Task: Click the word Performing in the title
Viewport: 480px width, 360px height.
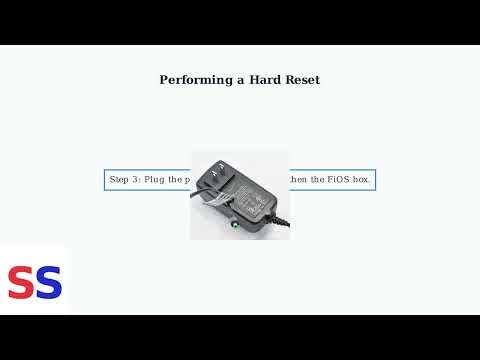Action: tap(193, 80)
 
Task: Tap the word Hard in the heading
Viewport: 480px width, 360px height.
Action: tap(264, 80)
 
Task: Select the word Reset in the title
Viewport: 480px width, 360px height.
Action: tap(302, 80)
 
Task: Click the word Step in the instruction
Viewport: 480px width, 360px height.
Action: tap(119, 180)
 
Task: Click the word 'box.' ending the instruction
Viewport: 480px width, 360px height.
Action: tap(360, 180)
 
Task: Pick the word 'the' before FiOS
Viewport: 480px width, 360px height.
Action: tap(314, 180)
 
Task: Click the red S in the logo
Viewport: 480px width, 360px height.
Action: tap(21, 283)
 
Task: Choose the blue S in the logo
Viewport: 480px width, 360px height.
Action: tap(48, 283)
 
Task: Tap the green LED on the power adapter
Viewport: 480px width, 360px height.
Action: tap(235, 223)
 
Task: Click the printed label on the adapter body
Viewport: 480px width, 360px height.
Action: tap(250, 195)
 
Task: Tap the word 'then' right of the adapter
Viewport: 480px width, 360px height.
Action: tap(298, 180)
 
